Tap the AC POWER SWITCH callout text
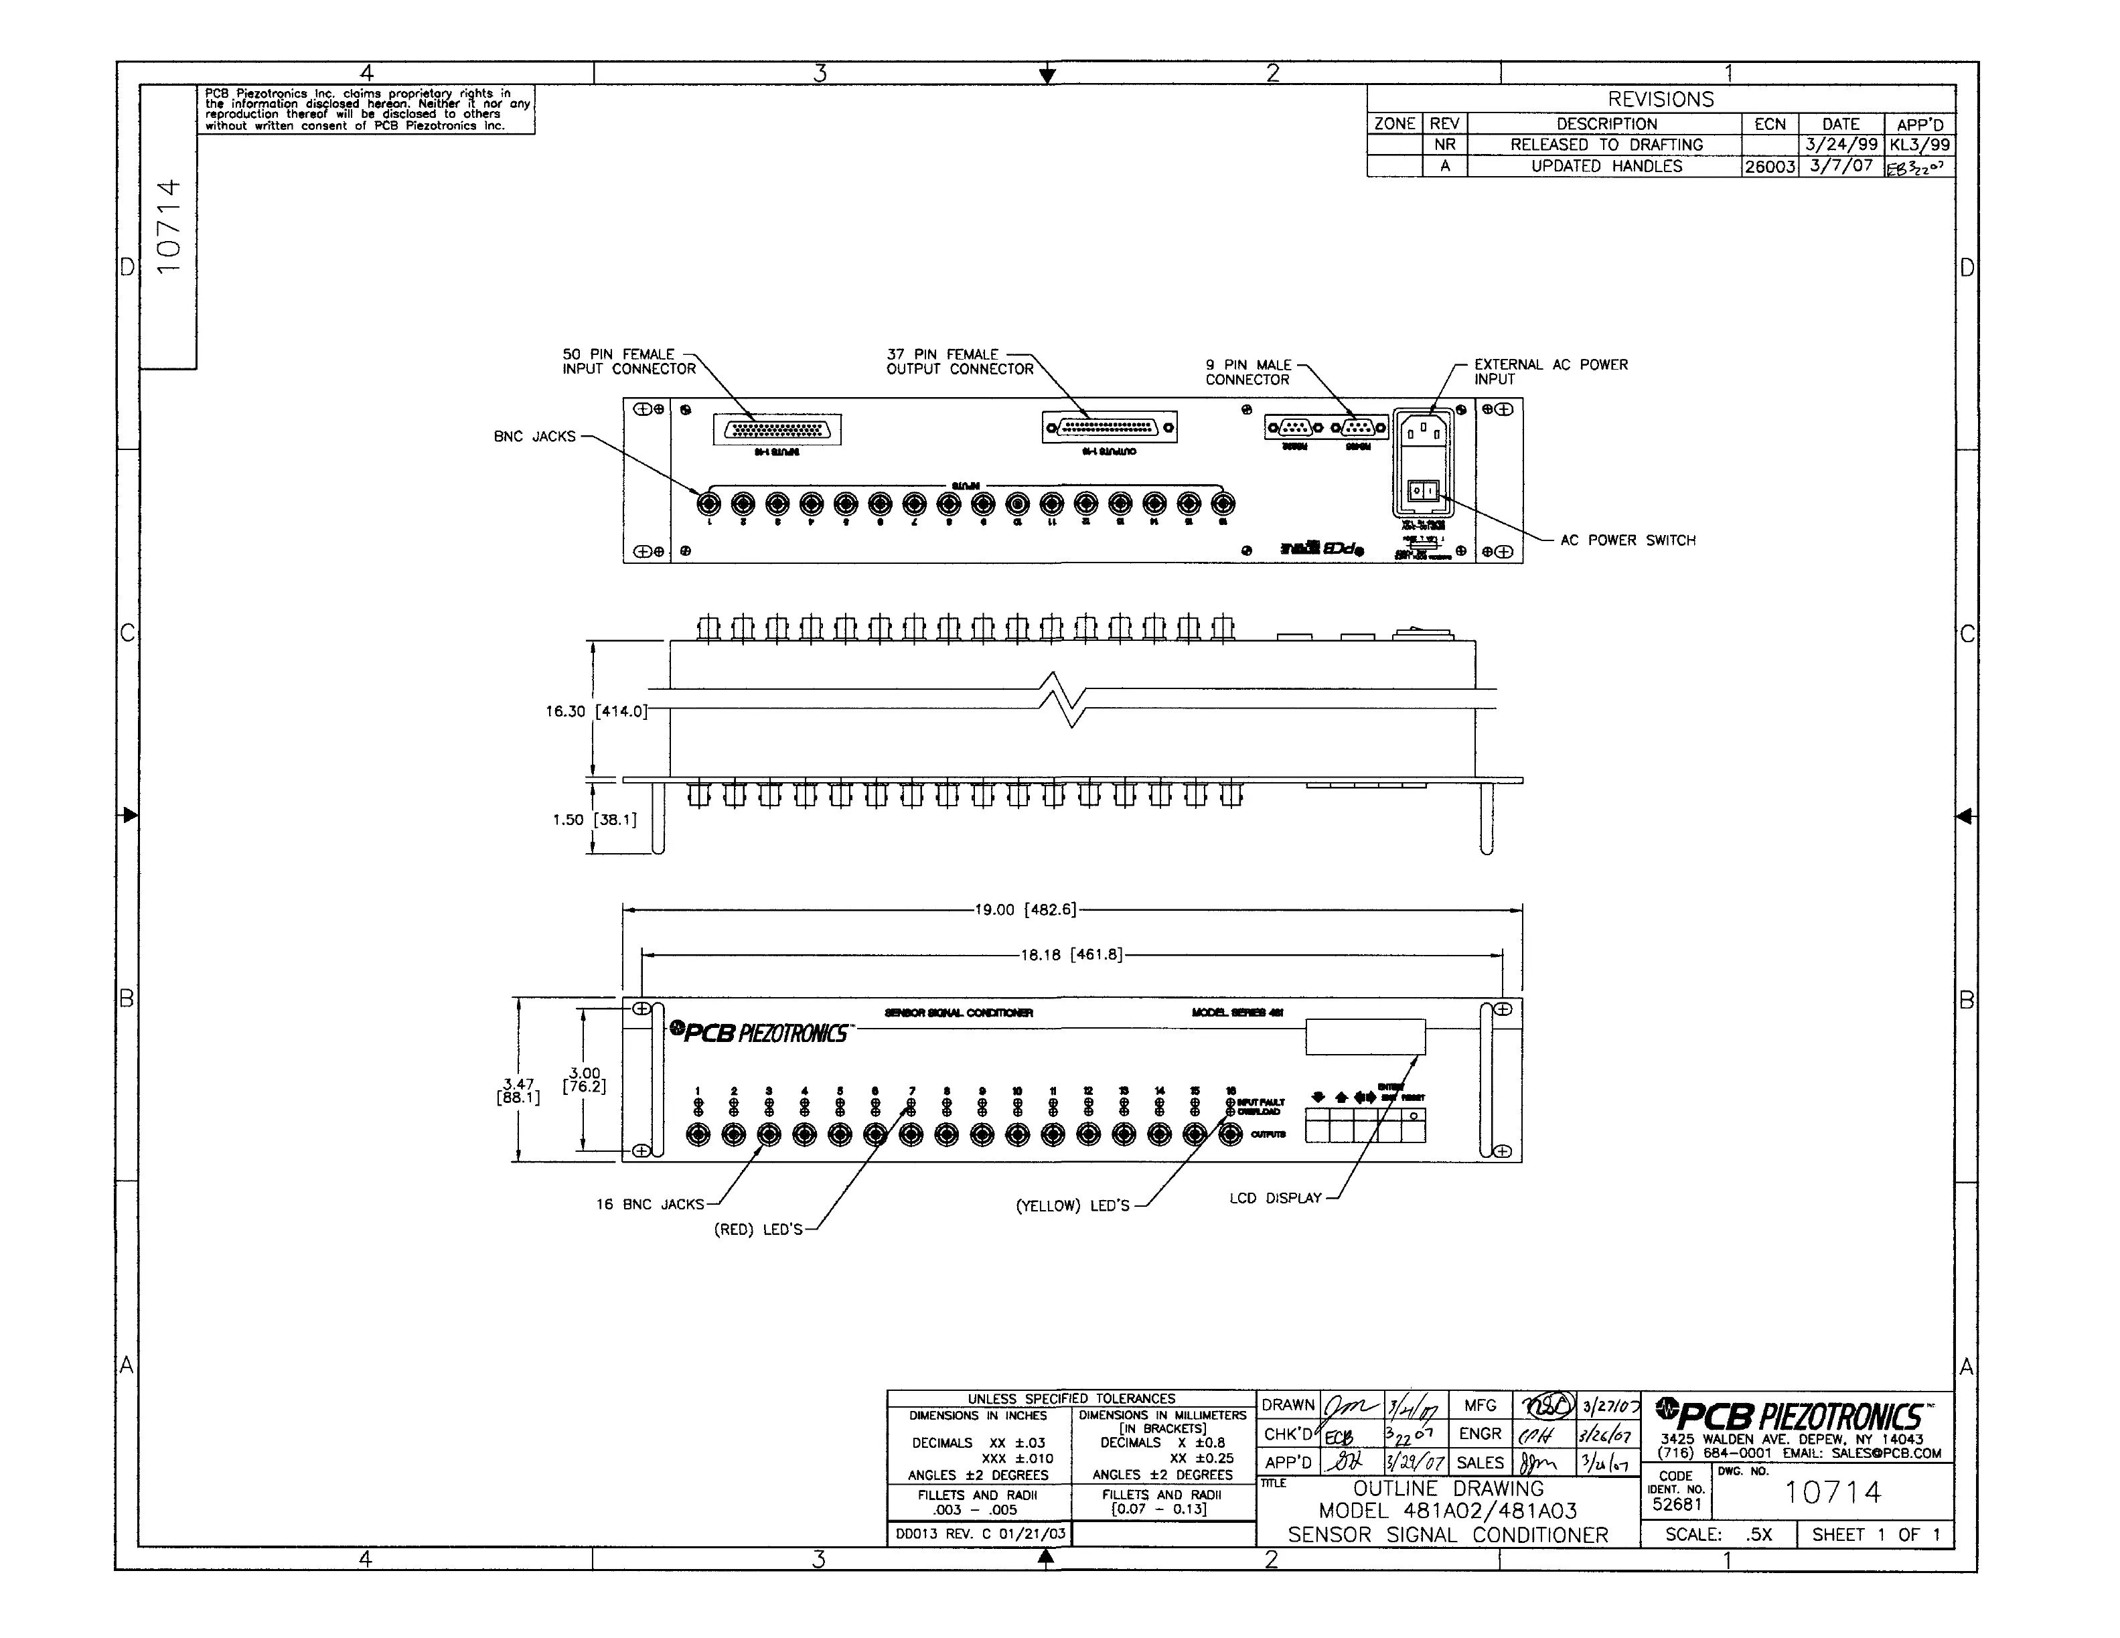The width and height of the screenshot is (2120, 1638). pos(1627,541)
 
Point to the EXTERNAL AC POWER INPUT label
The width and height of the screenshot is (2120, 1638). pos(1550,372)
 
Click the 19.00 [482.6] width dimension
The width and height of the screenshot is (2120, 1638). pos(1025,910)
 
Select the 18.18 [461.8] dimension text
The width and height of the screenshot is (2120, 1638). pos(1071,956)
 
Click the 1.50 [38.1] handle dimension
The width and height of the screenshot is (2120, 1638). pos(594,820)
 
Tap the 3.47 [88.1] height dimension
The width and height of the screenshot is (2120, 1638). pos(518,1090)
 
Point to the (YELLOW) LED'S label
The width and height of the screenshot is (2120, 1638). pos(1073,1206)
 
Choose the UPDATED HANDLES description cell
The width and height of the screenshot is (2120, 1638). pos(1606,166)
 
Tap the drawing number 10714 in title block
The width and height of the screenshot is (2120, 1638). pos(1831,1493)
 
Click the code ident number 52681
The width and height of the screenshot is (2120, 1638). pos(1677,1504)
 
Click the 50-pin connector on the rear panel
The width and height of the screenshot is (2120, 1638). pos(777,429)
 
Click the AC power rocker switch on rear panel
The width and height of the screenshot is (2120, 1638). pos(1423,492)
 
